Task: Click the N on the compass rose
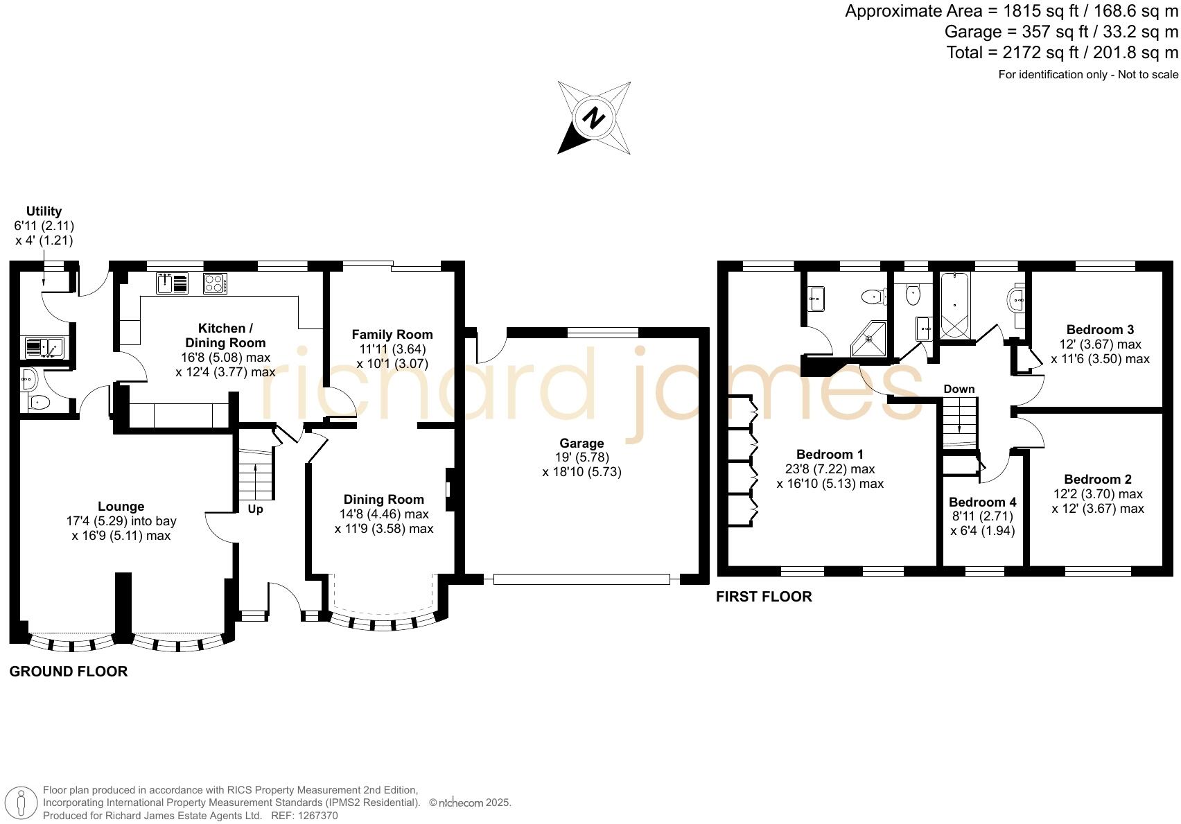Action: [x=593, y=118]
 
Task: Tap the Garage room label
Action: [x=581, y=443]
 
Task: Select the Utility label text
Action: [x=44, y=211]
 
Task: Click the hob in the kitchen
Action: [x=215, y=283]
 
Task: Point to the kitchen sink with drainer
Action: [x=173, y=283]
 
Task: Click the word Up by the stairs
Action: [x=255, y=509]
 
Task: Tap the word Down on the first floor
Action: [x=959, y=389]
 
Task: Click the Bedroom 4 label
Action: [x=982, y=502]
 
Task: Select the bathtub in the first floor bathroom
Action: [x=956, y=305]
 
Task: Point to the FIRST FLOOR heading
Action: [x=763, y=596]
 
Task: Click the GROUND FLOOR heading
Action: [x=68, y=671]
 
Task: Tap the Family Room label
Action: [x=392, y=334]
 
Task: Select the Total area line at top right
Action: [x=1062, y=52]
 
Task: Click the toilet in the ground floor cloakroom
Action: [x=39, y=402]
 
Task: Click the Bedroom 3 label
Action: [x=1100, y=329]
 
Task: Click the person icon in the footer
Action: [x=21, y=803]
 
